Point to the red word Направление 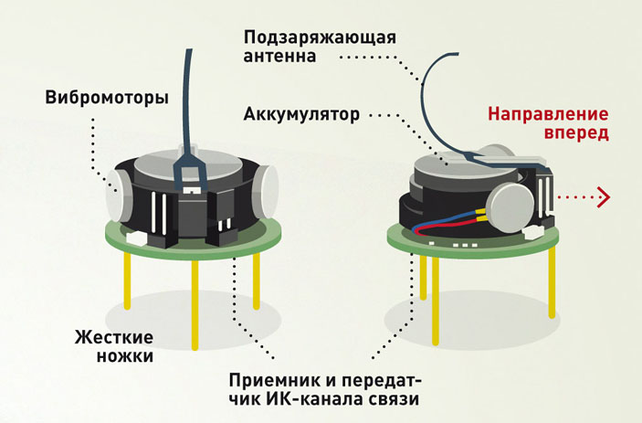click(x=547, y=116)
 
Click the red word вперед click(x=573, y=135)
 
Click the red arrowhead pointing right click(x=602, y=196)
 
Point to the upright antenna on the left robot click(x=184, y=82)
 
